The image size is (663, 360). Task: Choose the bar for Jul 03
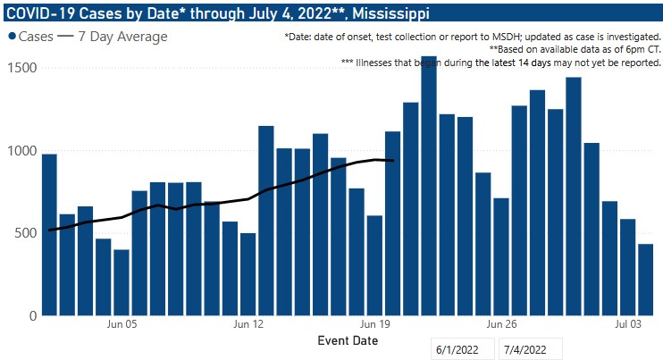tap(627, 267)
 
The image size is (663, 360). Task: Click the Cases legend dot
tap(13, 37)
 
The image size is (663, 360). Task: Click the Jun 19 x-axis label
tap(374, 326)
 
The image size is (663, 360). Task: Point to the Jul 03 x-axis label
tap(627, 326)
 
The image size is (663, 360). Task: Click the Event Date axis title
tap(348, 341)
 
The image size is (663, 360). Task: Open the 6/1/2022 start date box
tap(461, 348)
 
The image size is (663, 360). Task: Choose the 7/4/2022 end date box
tap(531, 348)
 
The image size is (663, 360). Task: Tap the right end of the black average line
tap(393, 161)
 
